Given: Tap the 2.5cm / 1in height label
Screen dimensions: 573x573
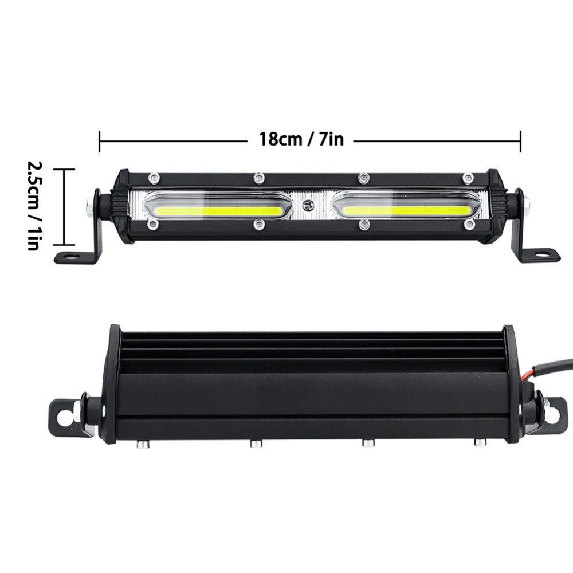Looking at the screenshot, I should tap(33, 206).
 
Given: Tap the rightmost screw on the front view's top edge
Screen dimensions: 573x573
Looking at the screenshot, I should tap(468, 177).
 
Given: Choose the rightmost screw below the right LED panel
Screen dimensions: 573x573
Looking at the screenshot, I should tap(469, 224).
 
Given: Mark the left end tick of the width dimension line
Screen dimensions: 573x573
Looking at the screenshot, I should tap(100, 141).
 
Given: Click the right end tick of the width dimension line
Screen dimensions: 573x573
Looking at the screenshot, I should tap(520, 141).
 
